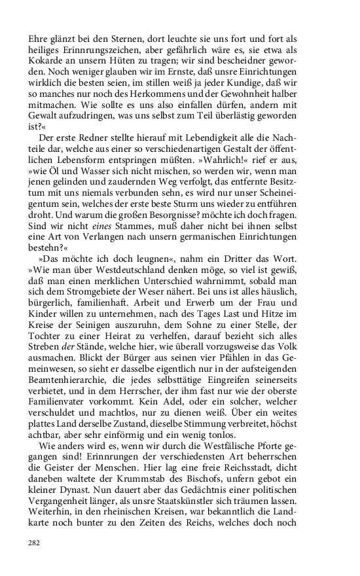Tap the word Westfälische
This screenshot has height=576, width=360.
coord(214,501)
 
